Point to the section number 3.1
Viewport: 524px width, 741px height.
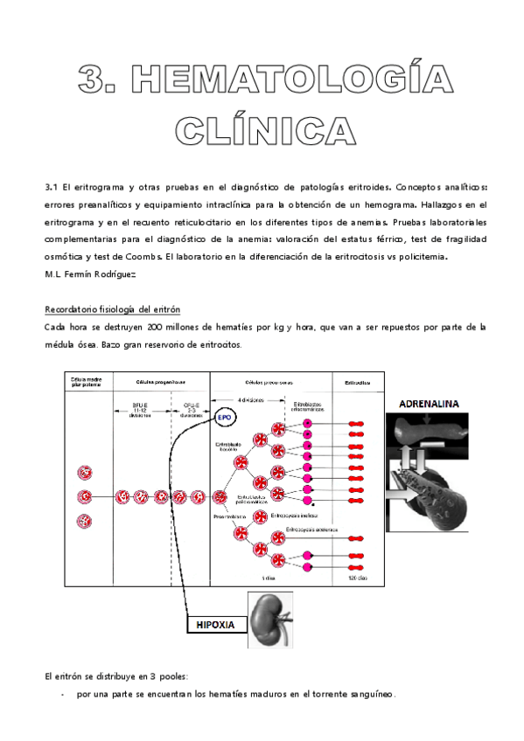click(50, 187)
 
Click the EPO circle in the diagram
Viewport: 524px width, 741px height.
click(223, 417)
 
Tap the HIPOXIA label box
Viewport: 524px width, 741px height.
click(213, 625)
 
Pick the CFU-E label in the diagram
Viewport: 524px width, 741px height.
click(191, 406)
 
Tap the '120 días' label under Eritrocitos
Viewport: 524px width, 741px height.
click(357, 578)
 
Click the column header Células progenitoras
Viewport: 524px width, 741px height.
click(160, 382)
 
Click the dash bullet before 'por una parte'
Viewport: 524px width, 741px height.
click(63, 694)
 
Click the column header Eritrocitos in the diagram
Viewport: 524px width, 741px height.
click(357, 382)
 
